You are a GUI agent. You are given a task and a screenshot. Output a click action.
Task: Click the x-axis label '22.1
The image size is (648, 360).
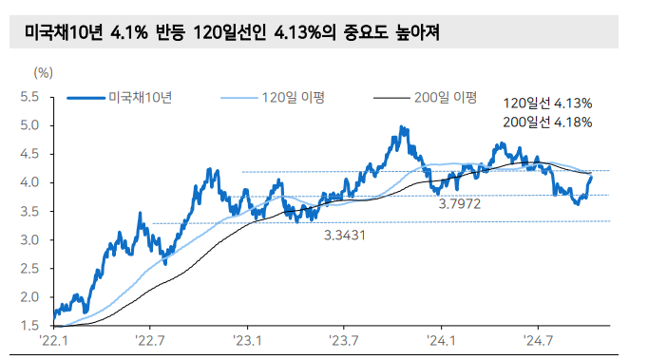(53, 341)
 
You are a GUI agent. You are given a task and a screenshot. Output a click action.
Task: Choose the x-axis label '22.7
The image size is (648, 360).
(150, 341)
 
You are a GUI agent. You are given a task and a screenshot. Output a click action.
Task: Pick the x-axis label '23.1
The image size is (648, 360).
(248, 341)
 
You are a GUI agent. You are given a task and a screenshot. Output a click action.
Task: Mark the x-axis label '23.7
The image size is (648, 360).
(344, 341)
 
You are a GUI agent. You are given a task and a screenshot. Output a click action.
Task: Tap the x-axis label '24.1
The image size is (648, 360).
(442, 341)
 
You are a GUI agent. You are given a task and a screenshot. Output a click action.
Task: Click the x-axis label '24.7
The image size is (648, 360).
(538, 341)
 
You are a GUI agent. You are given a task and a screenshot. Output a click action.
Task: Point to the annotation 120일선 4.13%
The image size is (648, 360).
(548, 103)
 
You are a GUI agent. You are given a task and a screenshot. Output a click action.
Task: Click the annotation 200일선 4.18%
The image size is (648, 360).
(548, 122)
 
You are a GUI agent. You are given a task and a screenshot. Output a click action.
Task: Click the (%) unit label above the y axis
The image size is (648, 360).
(43, 71)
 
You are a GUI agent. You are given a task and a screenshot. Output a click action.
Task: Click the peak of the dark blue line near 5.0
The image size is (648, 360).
(402, 127)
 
